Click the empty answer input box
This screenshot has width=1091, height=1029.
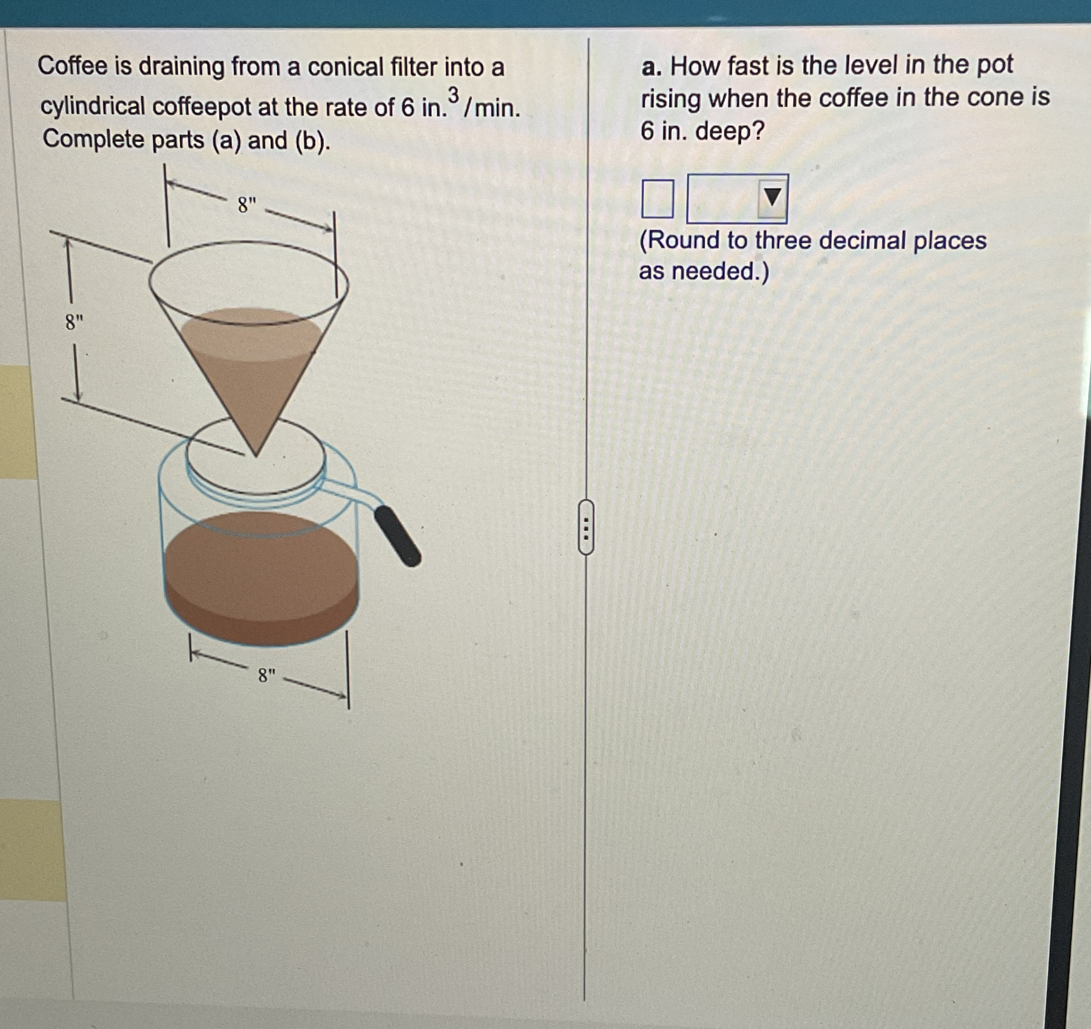[657, 199]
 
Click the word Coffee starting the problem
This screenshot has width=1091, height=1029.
[72, 67]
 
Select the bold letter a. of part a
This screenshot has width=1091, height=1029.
[651, 67]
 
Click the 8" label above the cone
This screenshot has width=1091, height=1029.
[247, 206]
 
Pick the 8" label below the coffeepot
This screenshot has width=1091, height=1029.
[267, 675]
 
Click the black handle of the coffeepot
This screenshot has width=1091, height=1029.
[398, 535]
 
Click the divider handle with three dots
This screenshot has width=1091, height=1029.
[586, 526]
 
